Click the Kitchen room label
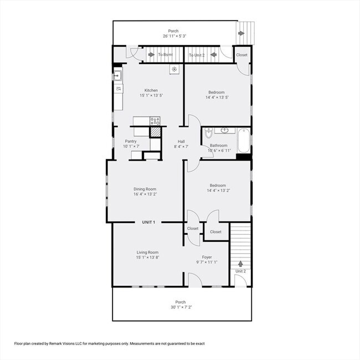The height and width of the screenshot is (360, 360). pyautogui.click(x=151, y=90)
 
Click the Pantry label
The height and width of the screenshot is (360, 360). pyautogui.click(x=131, y=141)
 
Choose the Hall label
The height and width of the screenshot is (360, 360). pyautogui.click(x=181, y=141)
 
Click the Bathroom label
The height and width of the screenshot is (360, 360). pyautogui.click(x=218, y=145)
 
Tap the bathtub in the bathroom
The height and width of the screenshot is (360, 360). pyautogui.click(x=244, y=141)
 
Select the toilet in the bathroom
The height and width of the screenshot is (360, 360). pyautogui.click(x=208, y=133)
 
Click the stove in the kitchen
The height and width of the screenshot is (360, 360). pyautogui.click(x=155, y=120)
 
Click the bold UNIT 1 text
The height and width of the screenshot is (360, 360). pyautogui.click(x=148, y=222)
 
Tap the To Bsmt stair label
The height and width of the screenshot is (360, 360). pyautogui.click(x=165, y=55)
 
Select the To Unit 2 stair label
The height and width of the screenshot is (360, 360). pyautogui.click(x=197, y=55)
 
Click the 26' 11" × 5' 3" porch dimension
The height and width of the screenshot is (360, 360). pyautogui.click(x=174, y=36)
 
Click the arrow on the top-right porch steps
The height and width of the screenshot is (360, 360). pyautogui.click(x=240, y=33)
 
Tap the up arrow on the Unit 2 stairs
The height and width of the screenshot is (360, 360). pyautogui.click(x=240, y=264)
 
